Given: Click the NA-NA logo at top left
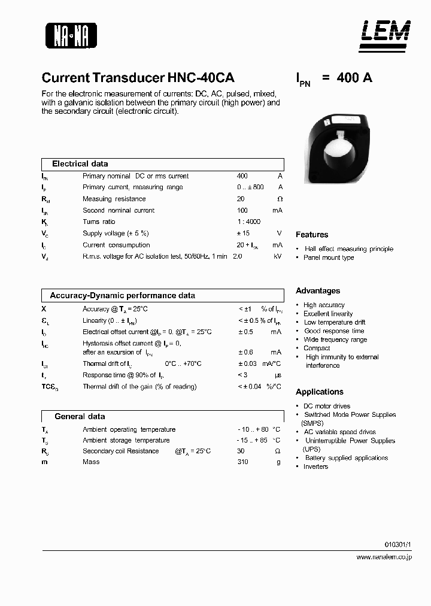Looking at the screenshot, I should [x=71, y=35].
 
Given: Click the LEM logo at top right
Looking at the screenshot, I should [x=385, y=34].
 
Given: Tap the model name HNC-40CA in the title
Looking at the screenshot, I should [x=201, y=78].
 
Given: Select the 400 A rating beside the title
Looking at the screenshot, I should [x=354, y=78].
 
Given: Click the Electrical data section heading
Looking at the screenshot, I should [x=80, y=163].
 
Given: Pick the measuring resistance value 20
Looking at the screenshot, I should [x=241, y=199].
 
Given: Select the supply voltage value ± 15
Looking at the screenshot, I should [x=243, y=233].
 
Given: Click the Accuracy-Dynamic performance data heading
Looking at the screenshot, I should [x=122, y=295].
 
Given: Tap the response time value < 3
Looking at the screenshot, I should [x=243, y=375].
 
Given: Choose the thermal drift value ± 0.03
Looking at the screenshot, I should [x=247, y=363].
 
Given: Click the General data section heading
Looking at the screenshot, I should [x=80, y=416].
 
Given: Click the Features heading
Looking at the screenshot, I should [x=312, y=235].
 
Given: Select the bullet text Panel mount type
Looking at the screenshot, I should [x=329, y=257].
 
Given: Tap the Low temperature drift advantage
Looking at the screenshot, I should [x=335, y=322].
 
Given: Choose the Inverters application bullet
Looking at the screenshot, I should [x=315, y=466].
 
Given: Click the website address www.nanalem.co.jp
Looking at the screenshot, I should [x=383, y=557].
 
